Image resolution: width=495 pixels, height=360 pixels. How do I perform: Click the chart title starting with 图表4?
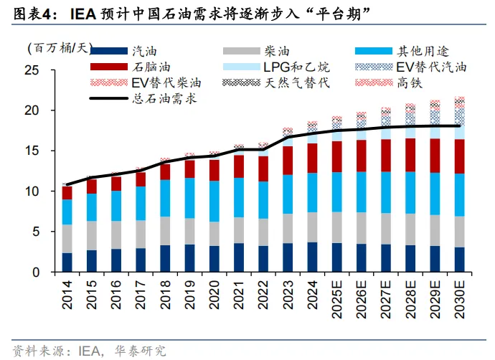point(187,14)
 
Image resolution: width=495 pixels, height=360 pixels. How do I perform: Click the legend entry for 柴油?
point(277,51)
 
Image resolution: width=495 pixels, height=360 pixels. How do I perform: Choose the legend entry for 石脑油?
point(148,67)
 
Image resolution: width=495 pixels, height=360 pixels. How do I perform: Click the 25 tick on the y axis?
point(31,70)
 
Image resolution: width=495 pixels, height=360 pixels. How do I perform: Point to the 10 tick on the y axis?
point(31,191)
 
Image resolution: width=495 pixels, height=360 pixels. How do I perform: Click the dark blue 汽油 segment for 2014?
point(67,262)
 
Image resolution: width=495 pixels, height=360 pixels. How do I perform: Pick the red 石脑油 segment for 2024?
point(312,158)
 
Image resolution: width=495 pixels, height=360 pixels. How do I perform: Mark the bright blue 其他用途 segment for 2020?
point(214,202)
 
